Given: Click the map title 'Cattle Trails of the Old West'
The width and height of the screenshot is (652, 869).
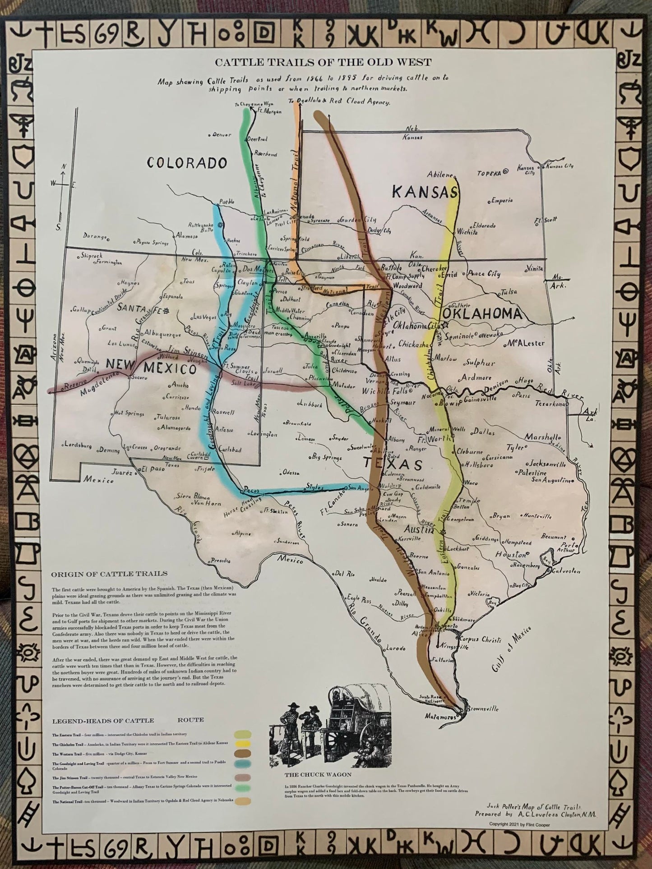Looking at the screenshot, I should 323,62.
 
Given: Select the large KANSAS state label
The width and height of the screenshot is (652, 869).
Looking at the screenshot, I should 424,192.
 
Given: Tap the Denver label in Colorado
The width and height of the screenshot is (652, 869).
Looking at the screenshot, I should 221,134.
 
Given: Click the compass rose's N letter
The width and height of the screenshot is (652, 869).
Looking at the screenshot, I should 64,166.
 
